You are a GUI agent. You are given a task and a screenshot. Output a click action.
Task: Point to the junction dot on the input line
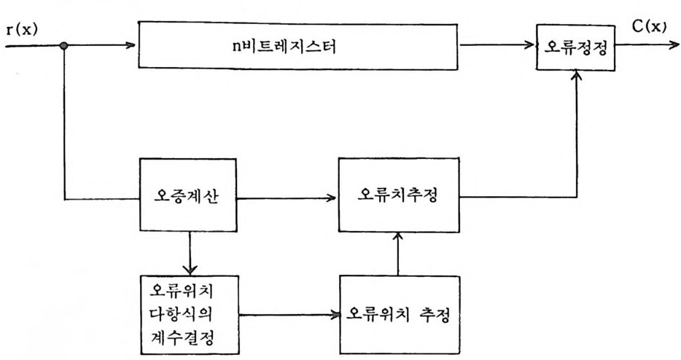(x=64, y=45)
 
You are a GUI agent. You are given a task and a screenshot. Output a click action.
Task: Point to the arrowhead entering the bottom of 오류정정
(x=577, y=76)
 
